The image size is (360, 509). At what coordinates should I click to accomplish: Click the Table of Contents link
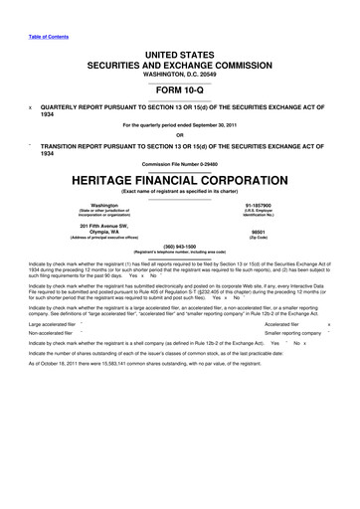(37, 9)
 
